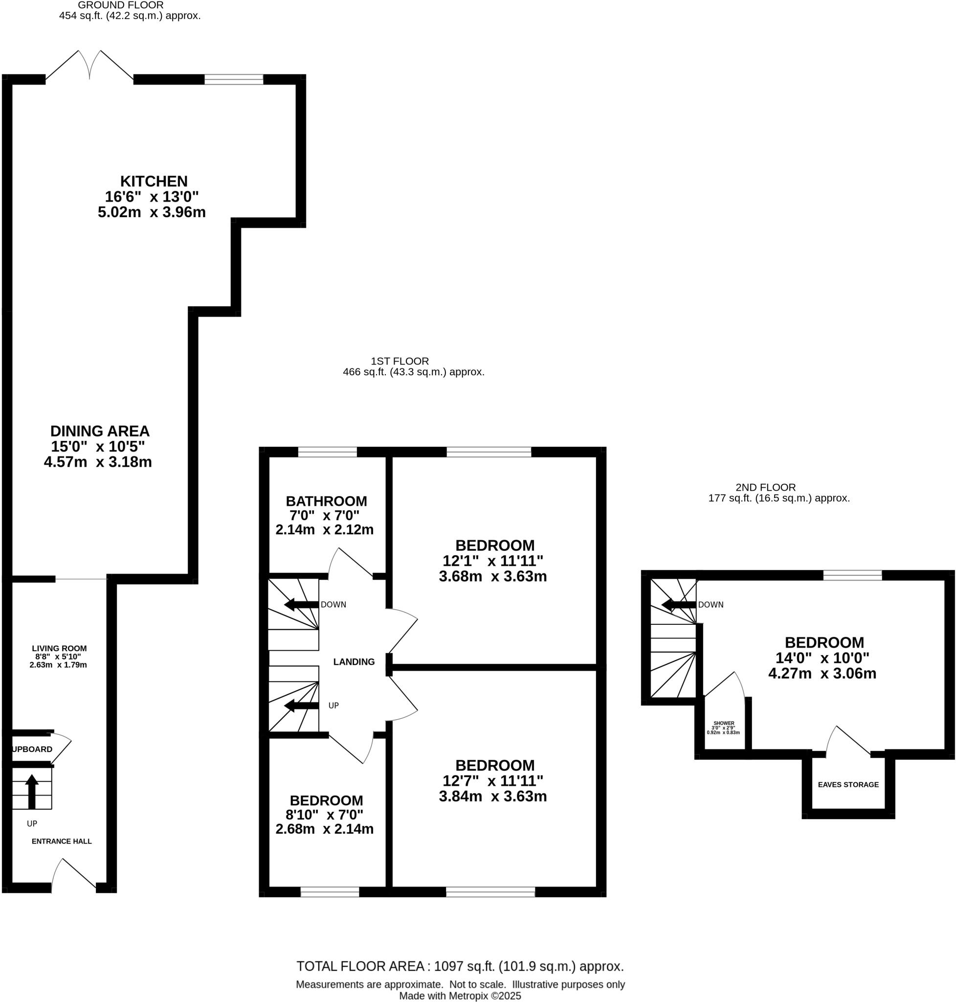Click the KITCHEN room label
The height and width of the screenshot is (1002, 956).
154,181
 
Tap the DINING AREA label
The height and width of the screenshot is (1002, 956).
100,431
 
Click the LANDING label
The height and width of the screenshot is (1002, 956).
354,661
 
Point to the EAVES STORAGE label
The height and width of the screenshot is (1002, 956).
848,784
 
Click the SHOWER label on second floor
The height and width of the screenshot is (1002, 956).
724,723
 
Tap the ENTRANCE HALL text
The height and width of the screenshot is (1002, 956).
62,841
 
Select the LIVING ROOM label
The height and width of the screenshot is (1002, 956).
59,648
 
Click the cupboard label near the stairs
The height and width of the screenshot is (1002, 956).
32,749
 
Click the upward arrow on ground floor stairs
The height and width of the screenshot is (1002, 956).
32,790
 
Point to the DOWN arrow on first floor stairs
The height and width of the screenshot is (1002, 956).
301,605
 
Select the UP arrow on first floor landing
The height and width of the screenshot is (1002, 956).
301,706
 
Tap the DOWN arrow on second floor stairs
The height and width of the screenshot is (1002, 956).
678,605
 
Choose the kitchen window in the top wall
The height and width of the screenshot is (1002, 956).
234,79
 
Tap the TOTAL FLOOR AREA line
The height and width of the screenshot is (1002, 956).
460,966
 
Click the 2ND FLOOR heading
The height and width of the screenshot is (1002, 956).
765,487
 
